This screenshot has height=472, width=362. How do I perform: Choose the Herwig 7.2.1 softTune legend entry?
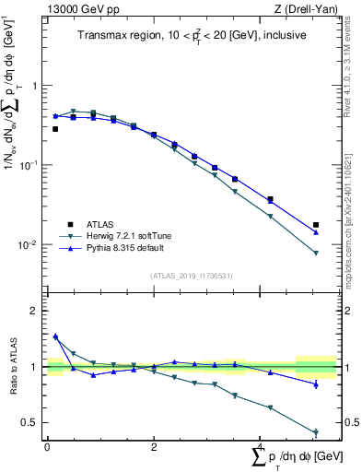click(129, 235)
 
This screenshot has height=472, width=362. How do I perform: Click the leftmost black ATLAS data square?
click(55, 129)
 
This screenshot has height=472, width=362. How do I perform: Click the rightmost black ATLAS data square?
click(316, 225)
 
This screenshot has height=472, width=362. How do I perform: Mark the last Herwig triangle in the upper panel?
click(316, 254)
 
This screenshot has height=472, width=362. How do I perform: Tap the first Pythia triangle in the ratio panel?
click(55, 336)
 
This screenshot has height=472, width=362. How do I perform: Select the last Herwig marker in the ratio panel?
click(316, 432)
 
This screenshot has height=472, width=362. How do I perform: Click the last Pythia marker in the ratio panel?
click(316, 383)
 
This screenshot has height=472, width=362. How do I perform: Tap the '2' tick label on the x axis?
click(154, 447)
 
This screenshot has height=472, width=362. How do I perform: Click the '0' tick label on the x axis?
click(47, 447)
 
